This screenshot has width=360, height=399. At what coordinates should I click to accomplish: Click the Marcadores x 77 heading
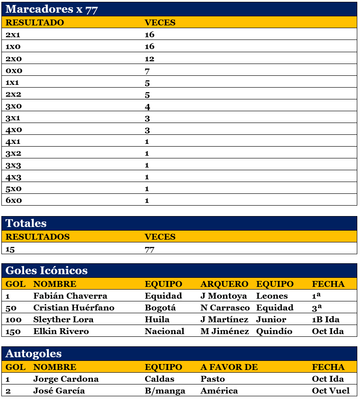click(51, 10)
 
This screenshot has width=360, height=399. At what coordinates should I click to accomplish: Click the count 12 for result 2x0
click(149, 59)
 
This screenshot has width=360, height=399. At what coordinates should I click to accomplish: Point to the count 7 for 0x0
click(147, 70)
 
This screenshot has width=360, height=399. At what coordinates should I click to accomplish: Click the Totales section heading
click(26, 223)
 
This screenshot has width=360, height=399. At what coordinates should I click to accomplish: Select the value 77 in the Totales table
click(149, 249)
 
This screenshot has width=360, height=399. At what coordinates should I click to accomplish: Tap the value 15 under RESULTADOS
click(10, 249)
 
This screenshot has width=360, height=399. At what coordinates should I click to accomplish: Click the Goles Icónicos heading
click(46, 271)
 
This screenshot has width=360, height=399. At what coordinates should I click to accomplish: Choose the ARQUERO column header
click(224, 284)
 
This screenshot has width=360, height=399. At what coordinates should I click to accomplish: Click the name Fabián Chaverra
click(70, 296)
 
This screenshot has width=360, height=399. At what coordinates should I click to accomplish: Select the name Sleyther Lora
click(63, 320)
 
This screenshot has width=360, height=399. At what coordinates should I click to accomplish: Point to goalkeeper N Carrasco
click(225, 308)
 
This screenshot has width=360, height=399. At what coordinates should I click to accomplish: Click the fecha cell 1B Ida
click(326, 320)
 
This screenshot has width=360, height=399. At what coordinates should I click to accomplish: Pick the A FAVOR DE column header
click(229, 367)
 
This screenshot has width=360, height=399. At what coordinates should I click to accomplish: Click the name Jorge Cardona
click(66, 379)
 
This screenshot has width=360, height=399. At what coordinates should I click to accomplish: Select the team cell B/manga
click(162, 391)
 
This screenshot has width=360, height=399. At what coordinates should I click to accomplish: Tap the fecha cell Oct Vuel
click(331, 391)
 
